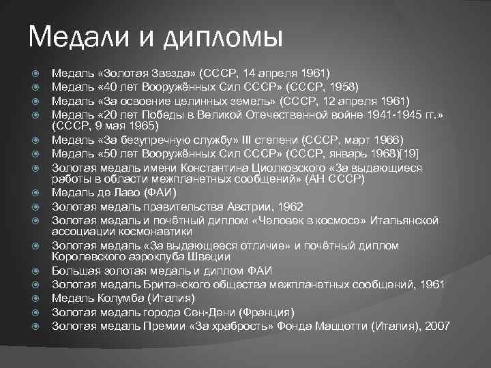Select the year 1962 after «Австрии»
pyautogui.click(x=289, y=206)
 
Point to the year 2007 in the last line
pyautogui.click(x=437, y=326)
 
